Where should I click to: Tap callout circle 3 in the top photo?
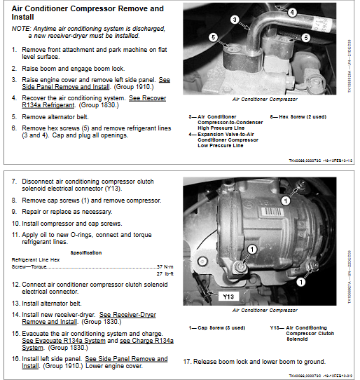tap(235, 20)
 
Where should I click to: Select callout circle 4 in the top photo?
tap(291, 11)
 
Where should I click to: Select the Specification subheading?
tap(86, 252)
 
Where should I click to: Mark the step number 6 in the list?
tap(15, 128)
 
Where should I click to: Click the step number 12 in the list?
tap(16, 285)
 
